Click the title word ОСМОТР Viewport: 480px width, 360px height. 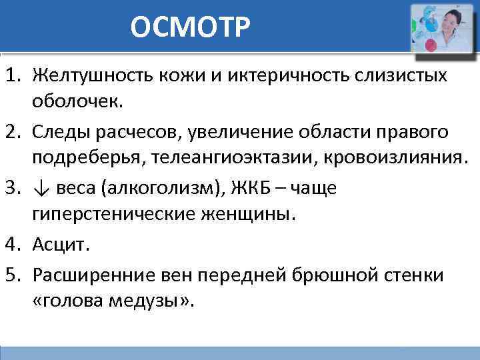[191, 27]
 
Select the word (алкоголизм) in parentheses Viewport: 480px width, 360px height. [156, 189]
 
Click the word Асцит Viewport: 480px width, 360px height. [61, 245]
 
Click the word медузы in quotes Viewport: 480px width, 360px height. [149, 301]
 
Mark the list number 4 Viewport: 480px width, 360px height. [15, 245]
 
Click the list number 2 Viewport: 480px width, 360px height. [15, 132]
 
